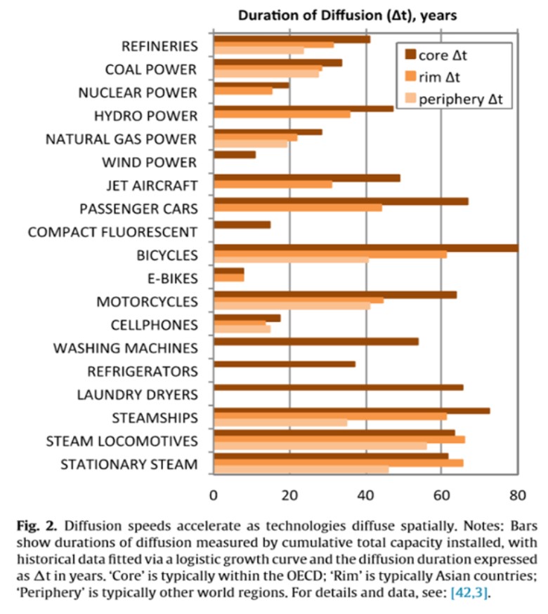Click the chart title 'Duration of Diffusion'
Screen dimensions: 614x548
click(342, 15)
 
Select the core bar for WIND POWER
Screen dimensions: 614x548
click(234, 154)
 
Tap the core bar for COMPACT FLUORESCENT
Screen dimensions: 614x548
click(242, 225)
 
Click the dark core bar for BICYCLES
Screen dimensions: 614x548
click(365, 248)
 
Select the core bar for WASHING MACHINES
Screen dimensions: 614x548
click(315, 342)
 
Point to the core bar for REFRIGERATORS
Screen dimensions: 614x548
click(284, 364)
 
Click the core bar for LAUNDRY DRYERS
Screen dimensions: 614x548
click(338, 387)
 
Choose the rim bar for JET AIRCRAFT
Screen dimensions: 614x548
click(273, 185)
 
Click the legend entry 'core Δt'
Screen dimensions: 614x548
click(449, 53)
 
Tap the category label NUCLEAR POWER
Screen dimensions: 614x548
click(138, 93)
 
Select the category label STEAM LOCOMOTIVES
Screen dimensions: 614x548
click(122, 441)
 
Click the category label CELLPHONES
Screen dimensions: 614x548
click(154, 325)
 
